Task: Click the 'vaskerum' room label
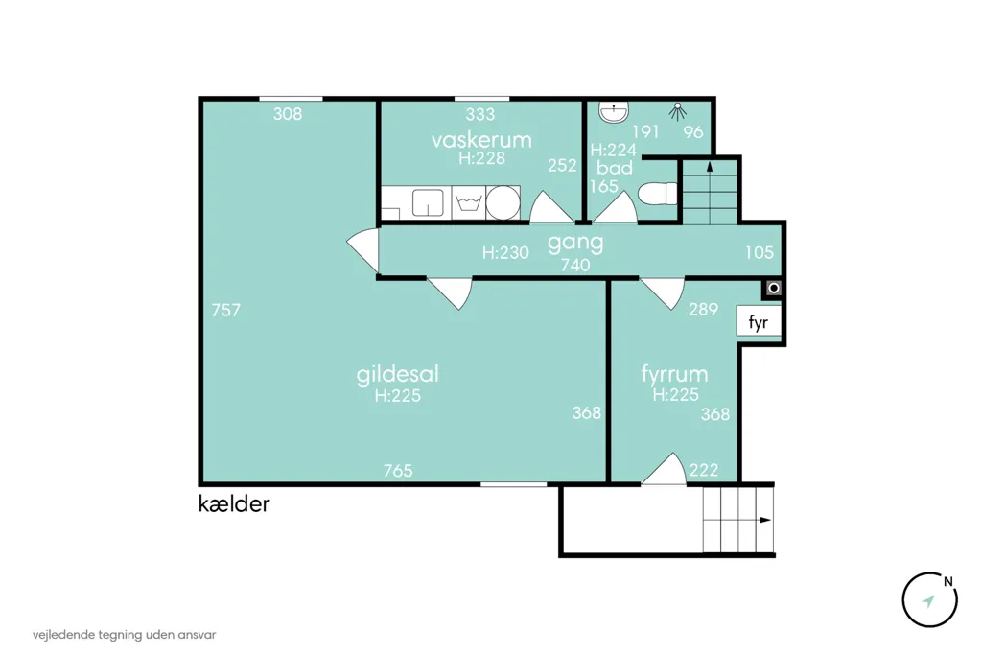[x=481, y=139]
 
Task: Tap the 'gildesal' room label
[x=397, y=375]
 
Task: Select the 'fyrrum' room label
[x=674, y=374]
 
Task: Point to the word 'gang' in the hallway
[x=575, y=243]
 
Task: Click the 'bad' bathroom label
[x=615, y=167]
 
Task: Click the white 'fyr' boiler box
[x=759, y=322]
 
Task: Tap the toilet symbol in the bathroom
[x=658, y=193]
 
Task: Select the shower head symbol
[x=677, y=111]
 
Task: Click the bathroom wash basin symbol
[x=614, y=111]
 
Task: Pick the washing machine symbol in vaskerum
[x=468, y=202]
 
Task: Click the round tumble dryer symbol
[x=503, y=202]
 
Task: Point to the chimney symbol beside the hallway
[x=774, y=288]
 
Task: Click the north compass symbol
[x=929, y=599]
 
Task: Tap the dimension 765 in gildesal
[x=398, y=470]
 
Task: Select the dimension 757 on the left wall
[x=226, y=310]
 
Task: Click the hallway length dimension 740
[x=575, y=265]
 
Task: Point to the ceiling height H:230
[x=505, y=252]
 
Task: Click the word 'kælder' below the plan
[x=234, y=503]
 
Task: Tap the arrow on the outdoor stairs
[x=764, y=520]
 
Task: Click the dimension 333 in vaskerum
[x=480, y=114]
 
